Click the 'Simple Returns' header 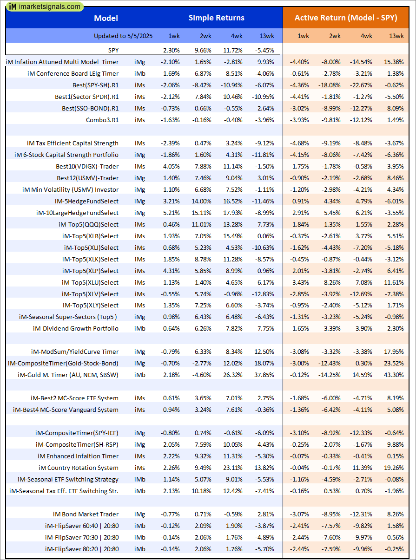(x=216, y=18)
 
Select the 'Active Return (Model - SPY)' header (x=346, y=18)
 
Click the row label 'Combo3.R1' (x=102, y=120)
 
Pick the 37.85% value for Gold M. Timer (x=264, y=375)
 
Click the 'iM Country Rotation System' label (x=79, y=468)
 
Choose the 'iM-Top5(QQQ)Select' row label (x=89, y=224)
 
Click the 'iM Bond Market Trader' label (x=86, y=514)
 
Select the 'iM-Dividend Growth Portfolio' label (x=76, y=328)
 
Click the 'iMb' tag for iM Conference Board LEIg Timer (x=139, y=73)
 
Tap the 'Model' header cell (x=106, y=18)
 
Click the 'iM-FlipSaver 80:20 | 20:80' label (x=82, y=549)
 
